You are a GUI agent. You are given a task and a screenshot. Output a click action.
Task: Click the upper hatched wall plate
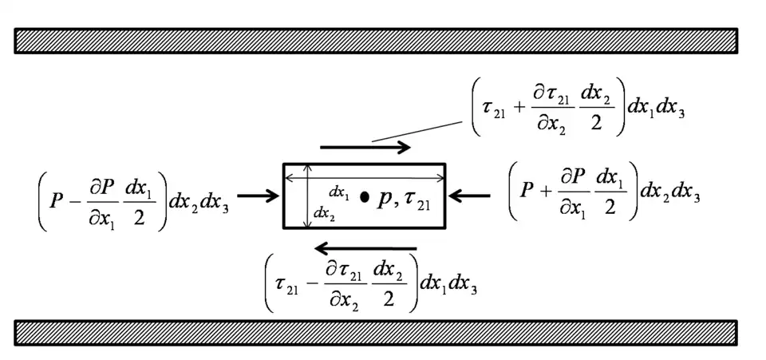pyautogui.click(x=375, y=41)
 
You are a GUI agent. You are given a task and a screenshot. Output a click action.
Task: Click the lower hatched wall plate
pyautogui.click(x=375, y=333)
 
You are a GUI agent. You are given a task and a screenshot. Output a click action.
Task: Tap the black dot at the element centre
pyautogui.click(x=365, y=196)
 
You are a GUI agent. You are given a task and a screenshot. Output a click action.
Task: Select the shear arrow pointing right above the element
pyautogui.click(x=365, y=147)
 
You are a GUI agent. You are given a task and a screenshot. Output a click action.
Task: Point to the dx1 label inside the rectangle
pyautogui.click(x=339, y=192)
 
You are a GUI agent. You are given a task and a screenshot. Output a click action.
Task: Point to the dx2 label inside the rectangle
pyautogui.click(x=323, y=213)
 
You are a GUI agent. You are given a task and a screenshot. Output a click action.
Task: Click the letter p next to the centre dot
pyautogui.click(x=385, y=199)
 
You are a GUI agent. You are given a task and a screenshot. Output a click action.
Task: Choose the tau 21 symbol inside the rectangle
pyautogui.click(x=417, y=201)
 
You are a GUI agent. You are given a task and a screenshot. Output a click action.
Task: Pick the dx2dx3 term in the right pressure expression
pyautogui.click(x=671, y=192)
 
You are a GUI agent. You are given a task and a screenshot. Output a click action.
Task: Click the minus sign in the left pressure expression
pyautogui.click(x=77, y=204)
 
